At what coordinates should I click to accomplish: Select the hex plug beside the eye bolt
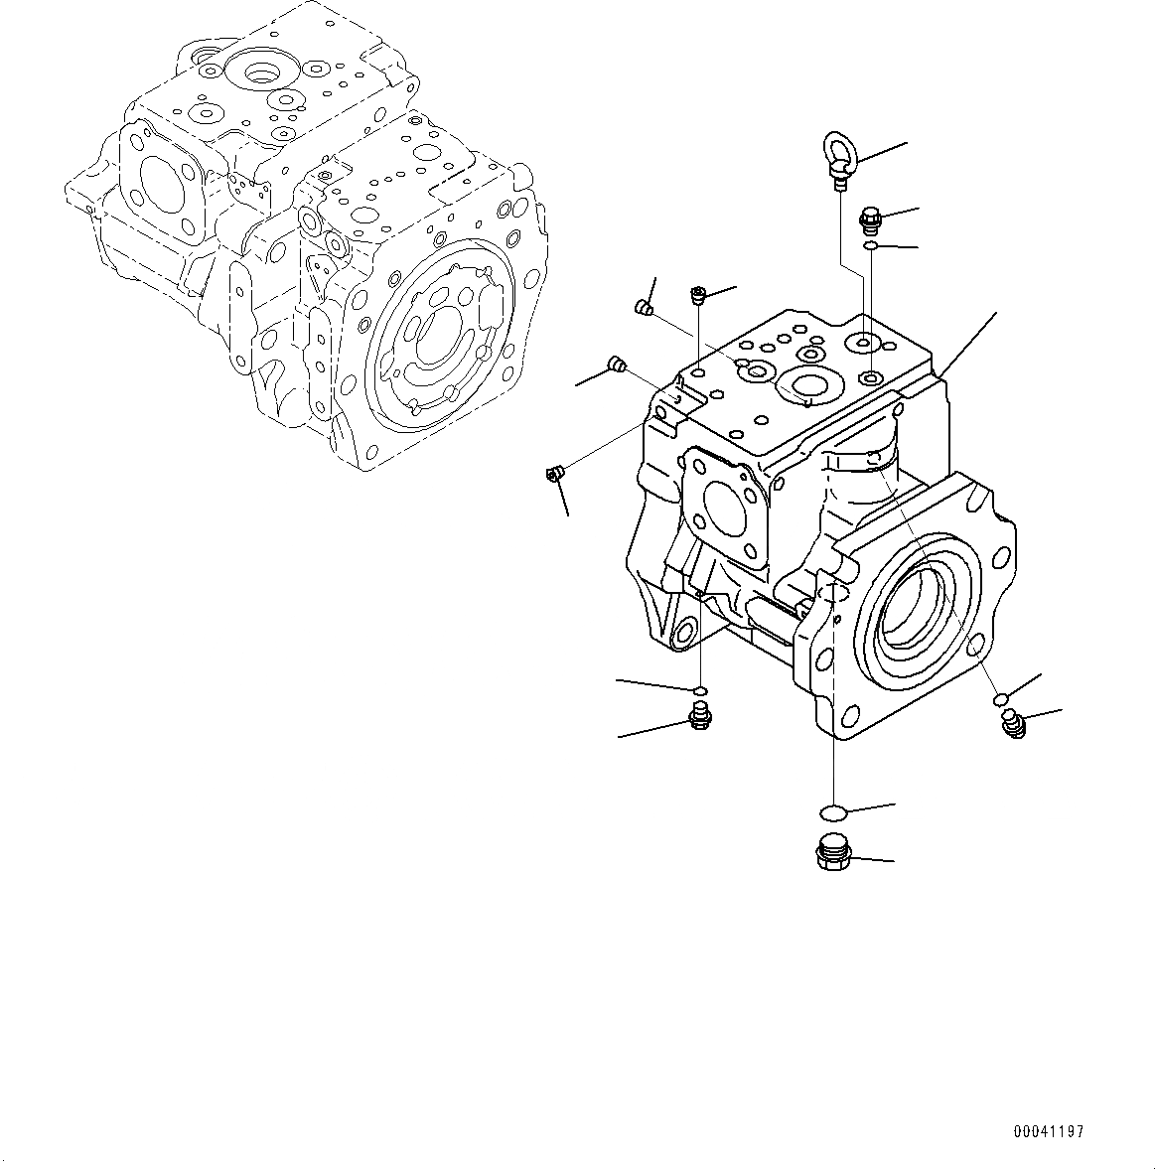tap(869, 216)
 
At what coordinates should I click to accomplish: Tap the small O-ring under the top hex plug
tap(869, 245)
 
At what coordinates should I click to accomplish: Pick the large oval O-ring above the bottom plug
tap(833, 812)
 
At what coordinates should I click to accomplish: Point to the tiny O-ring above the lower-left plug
tap(699, 689)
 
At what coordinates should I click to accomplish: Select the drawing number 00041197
tap(1049, 1131)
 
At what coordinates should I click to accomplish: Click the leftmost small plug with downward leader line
tap(555, 475)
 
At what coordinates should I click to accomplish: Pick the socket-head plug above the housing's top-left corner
tap(698, 294)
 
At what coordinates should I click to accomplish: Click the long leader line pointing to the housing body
tap(968, 345)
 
